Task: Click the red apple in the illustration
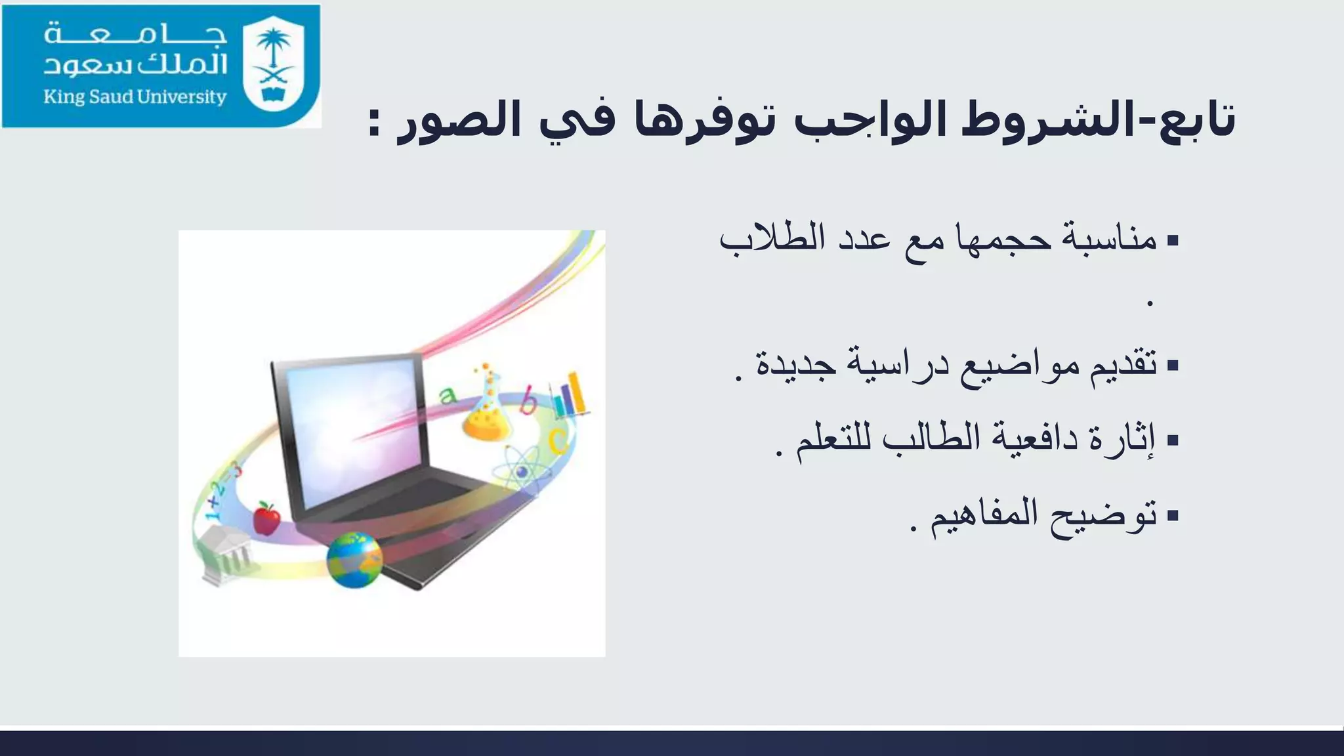tap(266, 518)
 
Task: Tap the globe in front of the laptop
tap(354, 560)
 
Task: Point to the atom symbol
tap(522, 470)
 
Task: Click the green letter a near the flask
tap(448, 395)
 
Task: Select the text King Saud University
tap(135, 97)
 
